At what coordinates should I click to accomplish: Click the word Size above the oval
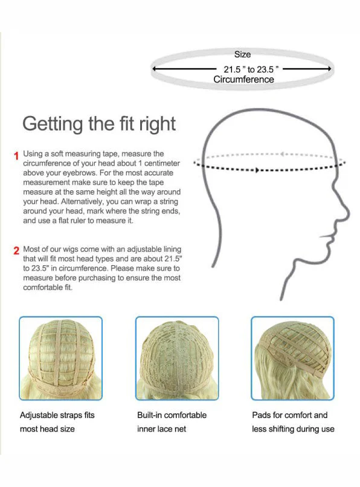click(x=242, y=54)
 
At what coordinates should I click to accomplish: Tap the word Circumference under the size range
click(x=243, y=80)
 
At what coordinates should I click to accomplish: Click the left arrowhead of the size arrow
click(x=155, y=69)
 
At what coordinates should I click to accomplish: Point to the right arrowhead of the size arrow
click(x=329, y=69)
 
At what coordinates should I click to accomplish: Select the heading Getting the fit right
click(x=99, y=124)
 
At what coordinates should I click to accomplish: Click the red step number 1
click(x=16, y=156)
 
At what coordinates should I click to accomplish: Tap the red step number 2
click(x=16, y=251)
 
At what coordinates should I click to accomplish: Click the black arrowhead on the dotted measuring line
click(x=257, y=170)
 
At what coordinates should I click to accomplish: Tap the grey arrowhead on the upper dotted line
click(x=282, y=153)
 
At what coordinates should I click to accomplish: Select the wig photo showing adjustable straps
click(x=60, y=358)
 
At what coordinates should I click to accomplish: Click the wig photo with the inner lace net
click(x=177, y=358)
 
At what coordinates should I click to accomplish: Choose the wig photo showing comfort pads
click(x=292, y=358)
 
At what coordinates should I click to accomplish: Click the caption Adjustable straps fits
click(x=57, y=415)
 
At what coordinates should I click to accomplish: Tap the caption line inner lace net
click(x=161, y=429)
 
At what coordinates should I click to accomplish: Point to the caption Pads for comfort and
click(x=290, y=415)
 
